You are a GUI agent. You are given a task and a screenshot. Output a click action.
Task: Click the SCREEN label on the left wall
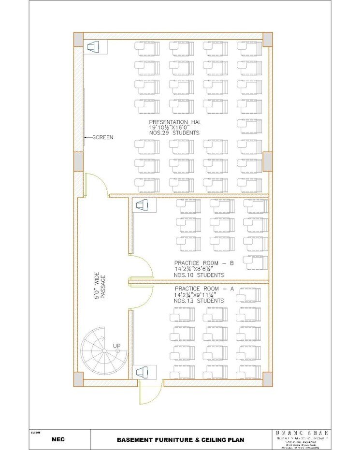103,137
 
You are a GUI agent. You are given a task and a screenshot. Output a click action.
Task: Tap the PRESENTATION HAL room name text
175,122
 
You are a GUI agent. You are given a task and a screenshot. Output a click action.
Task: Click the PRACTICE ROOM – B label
204,263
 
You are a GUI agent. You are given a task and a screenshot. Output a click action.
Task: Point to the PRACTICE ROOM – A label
204,289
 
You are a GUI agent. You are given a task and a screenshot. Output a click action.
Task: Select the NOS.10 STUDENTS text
199,275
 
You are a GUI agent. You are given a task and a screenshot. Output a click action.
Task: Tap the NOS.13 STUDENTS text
199,301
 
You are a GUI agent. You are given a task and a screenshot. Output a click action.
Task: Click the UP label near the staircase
116,346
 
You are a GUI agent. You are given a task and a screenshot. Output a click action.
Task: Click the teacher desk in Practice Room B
142,205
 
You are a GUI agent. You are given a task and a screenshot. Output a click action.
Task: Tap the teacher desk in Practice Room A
142,373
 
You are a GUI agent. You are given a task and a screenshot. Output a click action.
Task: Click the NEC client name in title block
58,440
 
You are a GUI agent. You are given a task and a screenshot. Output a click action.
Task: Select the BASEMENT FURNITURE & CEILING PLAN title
180,440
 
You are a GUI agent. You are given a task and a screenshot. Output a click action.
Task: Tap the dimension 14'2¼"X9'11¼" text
195,294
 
